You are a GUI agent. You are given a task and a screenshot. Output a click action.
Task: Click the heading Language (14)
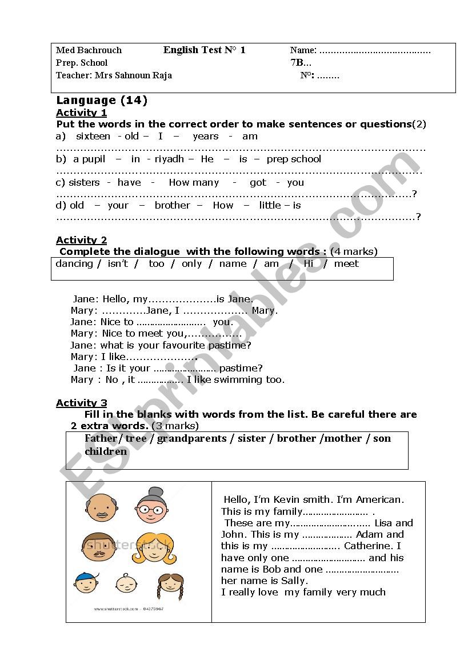(x=102, y=101)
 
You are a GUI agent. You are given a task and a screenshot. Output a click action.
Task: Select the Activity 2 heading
(x=81, y=240)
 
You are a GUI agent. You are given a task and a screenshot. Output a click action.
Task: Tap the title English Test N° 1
(x=204, y=50)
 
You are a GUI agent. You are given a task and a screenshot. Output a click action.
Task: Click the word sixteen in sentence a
(x=93, y=137)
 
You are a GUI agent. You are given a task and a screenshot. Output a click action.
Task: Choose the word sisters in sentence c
(x=84, y=183)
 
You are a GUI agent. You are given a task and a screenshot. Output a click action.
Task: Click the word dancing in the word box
(x=74, y=264)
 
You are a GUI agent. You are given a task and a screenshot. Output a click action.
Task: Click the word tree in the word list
(x=135, y=439)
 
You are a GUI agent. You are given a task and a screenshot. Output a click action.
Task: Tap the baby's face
(x=126, y=583)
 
